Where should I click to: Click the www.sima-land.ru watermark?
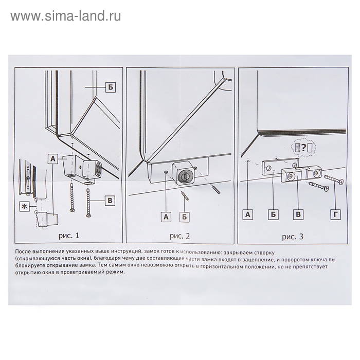pos(66,16)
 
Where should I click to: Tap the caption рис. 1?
pos(68,236)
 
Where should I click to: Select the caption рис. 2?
pos(180,236)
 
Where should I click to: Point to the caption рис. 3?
pos(293,237)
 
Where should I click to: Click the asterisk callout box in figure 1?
pos(24,207)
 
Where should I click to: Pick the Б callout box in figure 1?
pos(111,87)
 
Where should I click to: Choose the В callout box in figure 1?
pos(110,201)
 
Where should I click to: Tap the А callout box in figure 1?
pos(53,158)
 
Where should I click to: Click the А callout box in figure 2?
pos(166,217)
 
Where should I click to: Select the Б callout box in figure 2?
pos(185,217)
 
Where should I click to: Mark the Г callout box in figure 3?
pos(336,214)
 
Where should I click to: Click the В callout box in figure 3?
pos(298,214)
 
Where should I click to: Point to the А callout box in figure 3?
pos(248,214)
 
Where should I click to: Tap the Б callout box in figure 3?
pos(273,214)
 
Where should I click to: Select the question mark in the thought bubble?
pos(303,148)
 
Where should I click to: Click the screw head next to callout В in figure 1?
pos(88,215)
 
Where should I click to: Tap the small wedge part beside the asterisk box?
pos(47,219)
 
